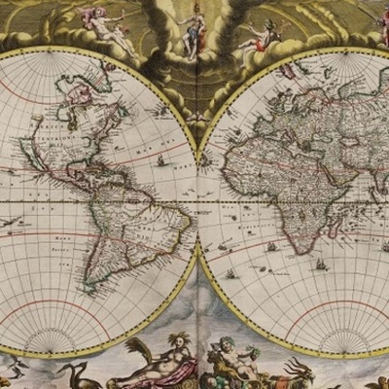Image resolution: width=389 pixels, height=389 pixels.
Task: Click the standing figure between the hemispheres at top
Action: [x=192, y=28]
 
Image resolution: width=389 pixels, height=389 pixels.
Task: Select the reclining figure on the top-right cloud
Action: [x=259, y=37]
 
